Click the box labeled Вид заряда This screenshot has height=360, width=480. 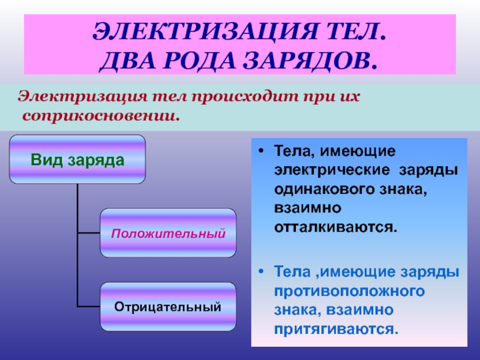tap(77, 159)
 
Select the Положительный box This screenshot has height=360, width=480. tap(168, 233)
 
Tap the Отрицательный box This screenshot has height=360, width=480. tap(168, 307)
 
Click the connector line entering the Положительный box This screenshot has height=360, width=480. tap(89, 233)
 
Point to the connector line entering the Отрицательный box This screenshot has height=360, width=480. tap(89, 306)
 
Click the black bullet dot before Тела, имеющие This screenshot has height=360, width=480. tap(261, 151)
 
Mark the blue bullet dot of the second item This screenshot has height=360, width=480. tap(261, 272)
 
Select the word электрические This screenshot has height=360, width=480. tap(332, 170)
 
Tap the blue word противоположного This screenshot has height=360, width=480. tap(349, 291)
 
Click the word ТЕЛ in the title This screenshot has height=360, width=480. tap(352, 31)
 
